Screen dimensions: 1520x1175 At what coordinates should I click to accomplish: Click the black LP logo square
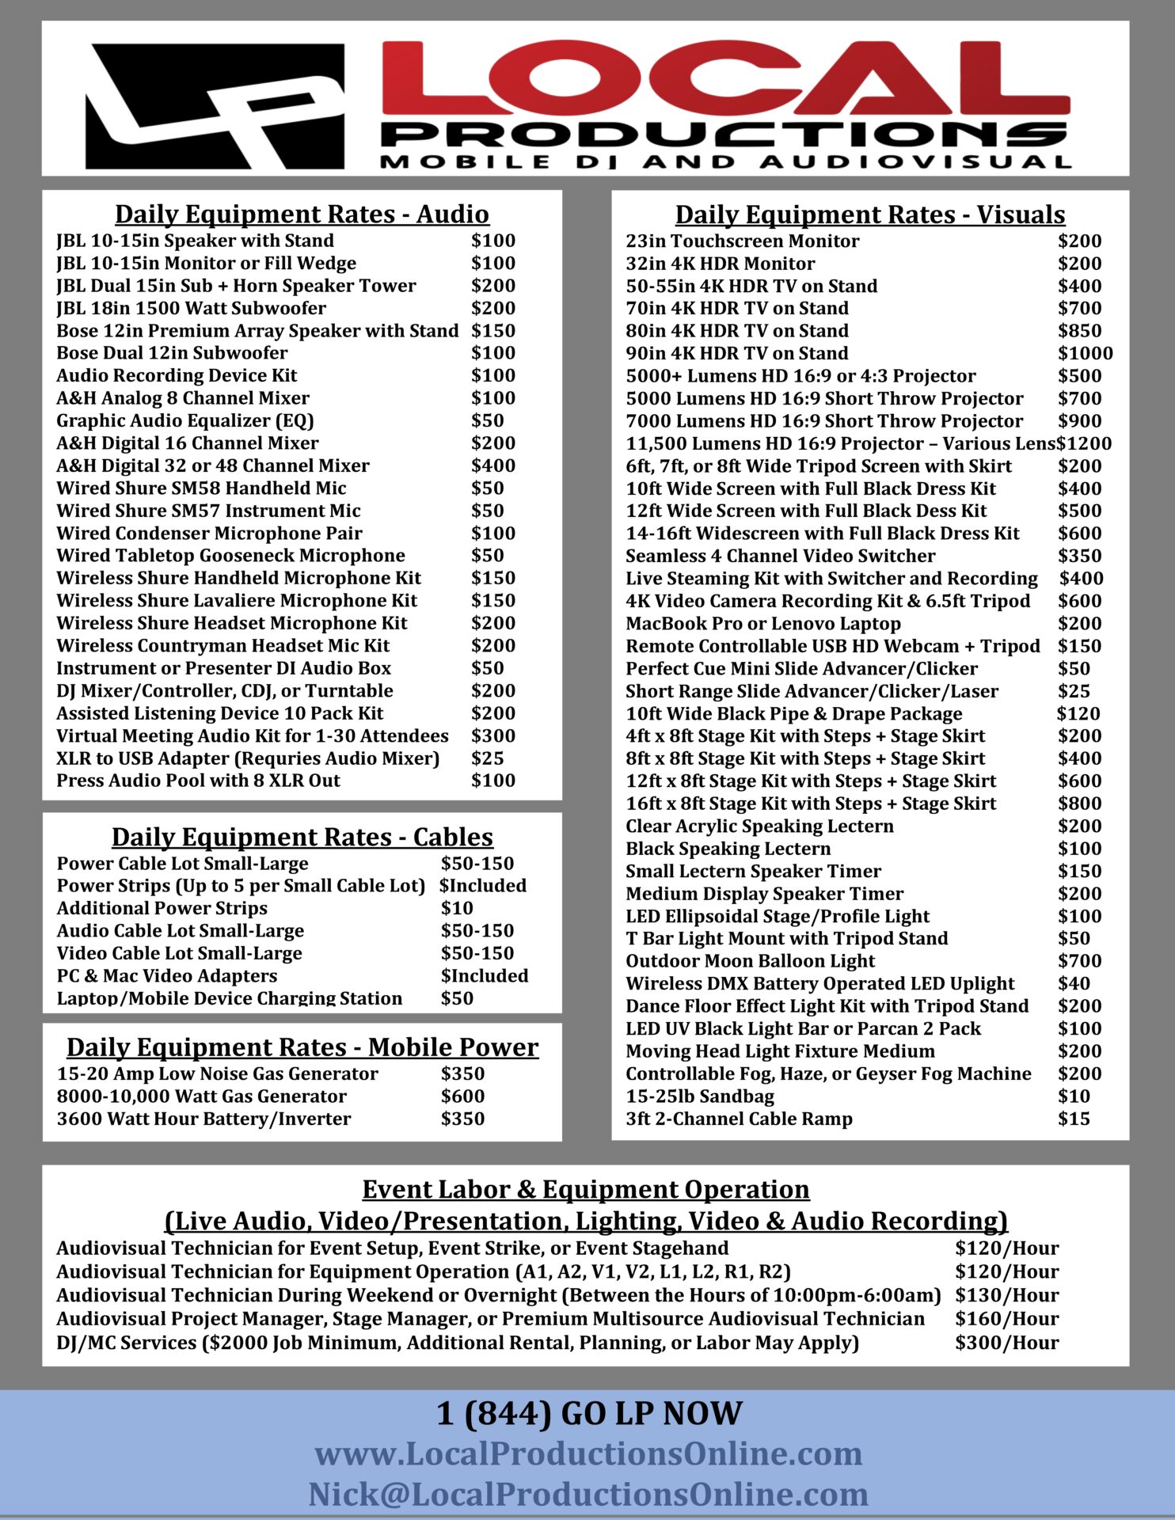click(x=215, y=105)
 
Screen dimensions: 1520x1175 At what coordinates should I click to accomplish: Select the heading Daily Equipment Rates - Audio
click(x=302, y=215)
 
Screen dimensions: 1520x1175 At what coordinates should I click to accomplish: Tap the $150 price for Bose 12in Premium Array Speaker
click(x=492, y=331)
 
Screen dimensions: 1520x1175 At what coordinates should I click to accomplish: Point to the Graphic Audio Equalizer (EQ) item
click(x=185, y=420)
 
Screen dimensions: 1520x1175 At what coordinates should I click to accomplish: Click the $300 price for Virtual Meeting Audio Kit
click(x=492, y=736)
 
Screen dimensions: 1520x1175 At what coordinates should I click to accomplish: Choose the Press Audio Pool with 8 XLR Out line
click(x=198, y=781)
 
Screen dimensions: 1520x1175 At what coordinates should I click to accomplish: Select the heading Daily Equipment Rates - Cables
click(x=302, y=837)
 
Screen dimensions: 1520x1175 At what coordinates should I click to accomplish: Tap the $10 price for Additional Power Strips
click(x=457, y=908)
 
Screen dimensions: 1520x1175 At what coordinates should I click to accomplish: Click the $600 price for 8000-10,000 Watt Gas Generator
click(x=462, y=1096)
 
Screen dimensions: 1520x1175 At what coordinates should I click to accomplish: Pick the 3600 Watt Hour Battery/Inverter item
click(x=203, y=1119)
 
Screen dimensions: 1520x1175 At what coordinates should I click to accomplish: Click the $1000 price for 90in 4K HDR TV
click(x=1085, y=353)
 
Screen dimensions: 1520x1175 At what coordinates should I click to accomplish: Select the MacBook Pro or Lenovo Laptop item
click(x=763, y=624)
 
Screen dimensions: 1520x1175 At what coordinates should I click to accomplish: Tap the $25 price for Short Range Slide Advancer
click(x=1074, y=691)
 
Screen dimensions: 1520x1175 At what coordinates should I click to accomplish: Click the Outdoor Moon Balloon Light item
click(x=750, y=961)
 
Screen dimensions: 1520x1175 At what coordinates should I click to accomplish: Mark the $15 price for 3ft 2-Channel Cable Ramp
click(x=1074, y=1119)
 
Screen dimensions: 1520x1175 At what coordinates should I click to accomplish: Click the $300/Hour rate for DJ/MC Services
click(x=1006, y=1343)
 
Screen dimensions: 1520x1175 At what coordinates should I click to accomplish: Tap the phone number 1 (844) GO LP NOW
click(x=589, y=1414)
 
